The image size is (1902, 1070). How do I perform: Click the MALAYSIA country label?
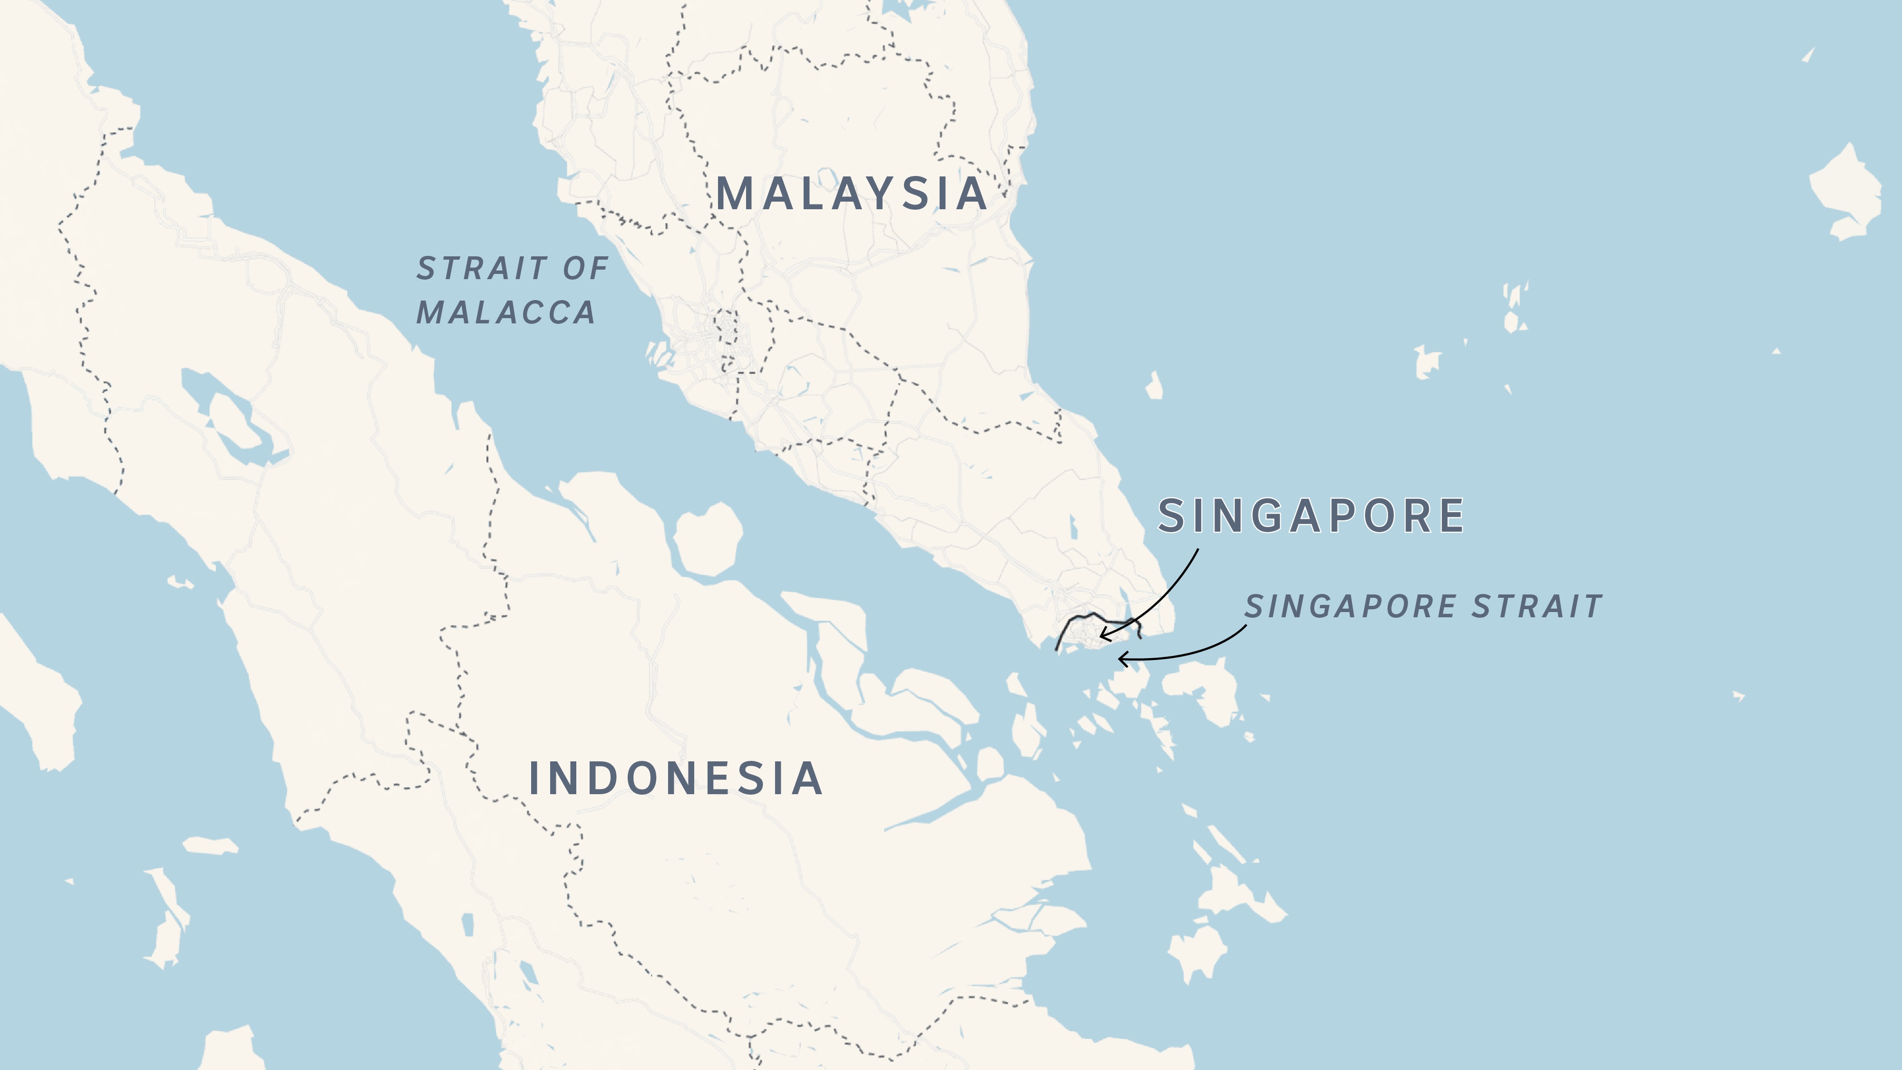click(x=851, y=194)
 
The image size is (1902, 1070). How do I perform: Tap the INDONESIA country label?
click(x=676, y=778)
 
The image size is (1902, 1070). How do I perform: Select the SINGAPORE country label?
click(x=1310, y=516)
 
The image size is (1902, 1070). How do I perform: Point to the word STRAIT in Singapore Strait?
click(x=1536, y=606)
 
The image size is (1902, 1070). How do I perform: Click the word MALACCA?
click(x=506, y=312)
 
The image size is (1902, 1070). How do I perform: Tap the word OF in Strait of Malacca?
click(x=585, y=268)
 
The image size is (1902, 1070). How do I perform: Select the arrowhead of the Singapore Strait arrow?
click(x=1122, y=658)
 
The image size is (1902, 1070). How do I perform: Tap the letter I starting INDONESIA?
click(x=534, y=778)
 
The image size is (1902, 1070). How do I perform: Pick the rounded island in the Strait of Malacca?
click(x=708, y=539)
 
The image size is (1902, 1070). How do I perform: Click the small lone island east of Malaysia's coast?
click(x=1154, y=386)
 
